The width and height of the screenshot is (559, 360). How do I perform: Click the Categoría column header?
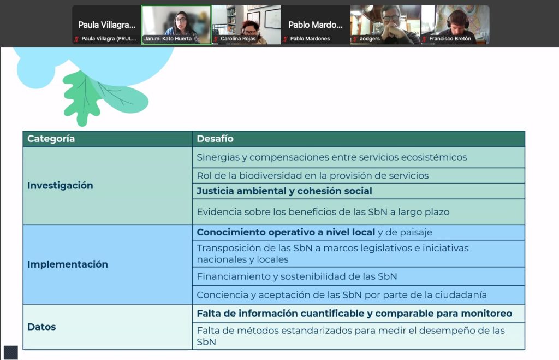tap(51, 139)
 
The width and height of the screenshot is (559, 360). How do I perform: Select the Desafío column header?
tap(215, 139)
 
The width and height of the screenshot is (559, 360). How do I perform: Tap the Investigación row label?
tap(60, 186)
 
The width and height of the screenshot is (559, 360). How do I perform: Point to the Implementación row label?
tap(68, 264)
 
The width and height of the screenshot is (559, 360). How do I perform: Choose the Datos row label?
tap(41, 327)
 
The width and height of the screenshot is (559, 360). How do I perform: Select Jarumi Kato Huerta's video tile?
tap(176, 25)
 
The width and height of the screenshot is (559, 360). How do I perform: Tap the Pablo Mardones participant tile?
tap(315, 25)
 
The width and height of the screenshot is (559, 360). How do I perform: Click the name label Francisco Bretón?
tap(450, 39)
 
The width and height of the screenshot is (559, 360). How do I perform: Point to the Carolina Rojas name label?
tap(238, 39)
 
